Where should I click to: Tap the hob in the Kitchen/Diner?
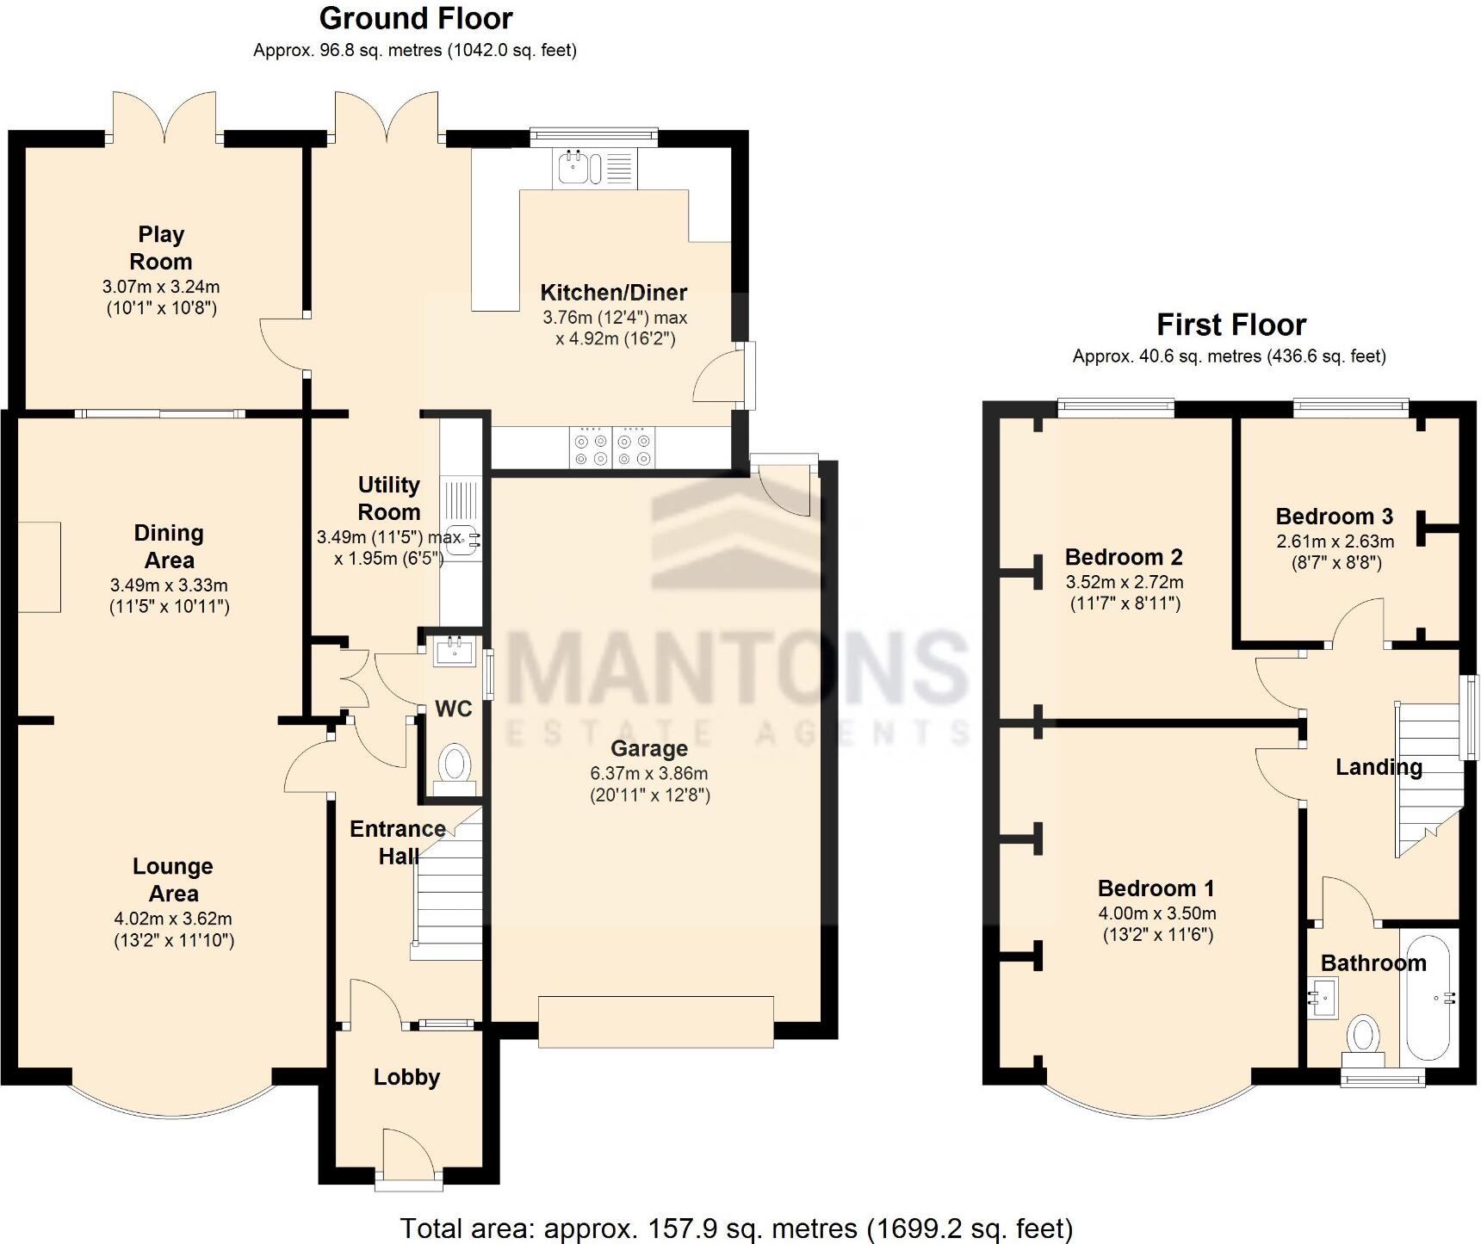(x=611, y=448)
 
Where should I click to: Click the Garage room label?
(x=649, y=749)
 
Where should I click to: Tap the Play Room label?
(x=161, y=248)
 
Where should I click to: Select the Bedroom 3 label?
(x=1334, y=517)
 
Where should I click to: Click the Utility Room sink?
(x=465, y=539)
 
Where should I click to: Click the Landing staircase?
(x=1428, y=779)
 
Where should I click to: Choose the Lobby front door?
(x=408, y=1158)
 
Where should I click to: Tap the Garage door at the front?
(x=656, y=1022)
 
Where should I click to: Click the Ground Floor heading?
(x=416, y=18)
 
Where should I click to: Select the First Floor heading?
(x=1231, y=325)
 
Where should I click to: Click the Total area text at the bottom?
(x=736, y=1228)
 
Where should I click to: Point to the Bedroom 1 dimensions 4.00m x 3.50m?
(x=1157, y=914)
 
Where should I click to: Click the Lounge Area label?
(x=173, y=880)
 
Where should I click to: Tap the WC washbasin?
(x=455, y=652)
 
